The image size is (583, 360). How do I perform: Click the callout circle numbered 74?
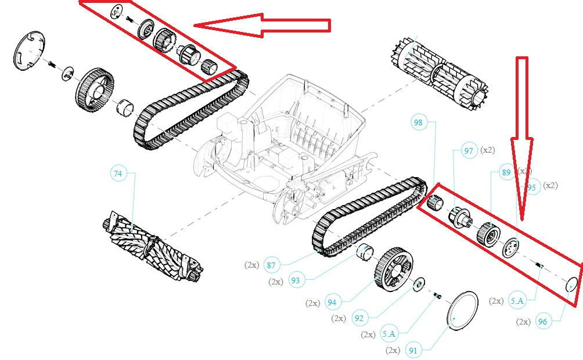pyautogui.click(x=118, y=173)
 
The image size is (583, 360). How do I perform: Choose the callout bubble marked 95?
pyautogui.click(x=532, y=186)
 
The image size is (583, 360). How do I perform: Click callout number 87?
pyautogui.click(x=271, y=265)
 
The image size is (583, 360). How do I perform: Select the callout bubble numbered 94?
pyautogui.click(x=332, y=303)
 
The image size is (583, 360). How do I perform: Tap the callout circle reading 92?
pyautogui.click(x=359, y=318)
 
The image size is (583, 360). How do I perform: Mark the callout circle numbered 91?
pyautogui.click(x=413, y=350)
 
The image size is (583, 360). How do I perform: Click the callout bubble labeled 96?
pyautogui.click(x=542, y=321)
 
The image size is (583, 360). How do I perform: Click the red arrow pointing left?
pyautogui.click(x=261, y=25)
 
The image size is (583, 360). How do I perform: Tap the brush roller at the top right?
pyautogui.click(x=441, y=71)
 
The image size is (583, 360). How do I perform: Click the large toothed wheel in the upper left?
pyautogui.click(x=93, y=89)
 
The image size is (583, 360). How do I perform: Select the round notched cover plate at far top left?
pyautogui.click(x=28, y=52)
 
